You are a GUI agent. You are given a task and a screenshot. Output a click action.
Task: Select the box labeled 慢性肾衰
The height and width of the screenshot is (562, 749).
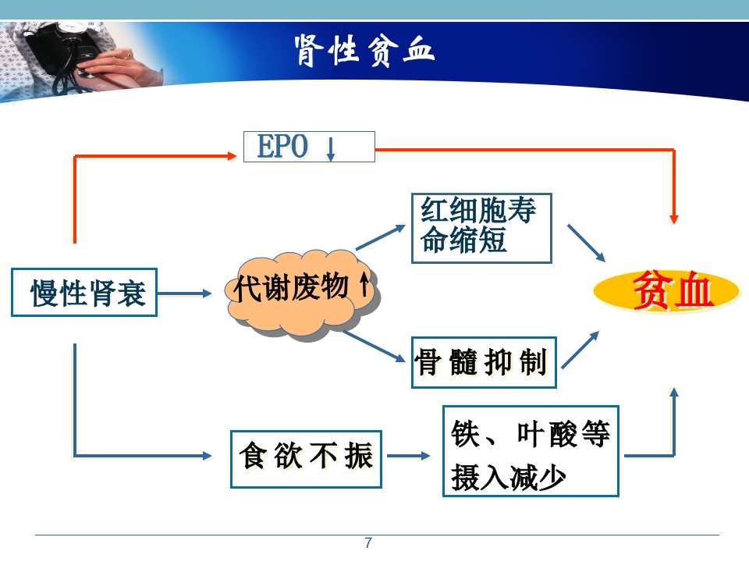pos(84,293)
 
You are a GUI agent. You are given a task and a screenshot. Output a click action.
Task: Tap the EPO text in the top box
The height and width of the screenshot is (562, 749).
pos(282,147)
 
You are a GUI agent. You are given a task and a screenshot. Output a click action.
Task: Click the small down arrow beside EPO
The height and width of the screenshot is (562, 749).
pos(331,148)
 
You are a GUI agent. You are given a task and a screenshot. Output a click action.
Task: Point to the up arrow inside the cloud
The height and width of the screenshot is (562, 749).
pos(364,286)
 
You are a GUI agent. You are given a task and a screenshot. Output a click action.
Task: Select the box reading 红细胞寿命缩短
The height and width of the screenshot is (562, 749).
pos(481,228)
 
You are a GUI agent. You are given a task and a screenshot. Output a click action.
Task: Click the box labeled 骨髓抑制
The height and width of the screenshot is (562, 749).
pos(484,362)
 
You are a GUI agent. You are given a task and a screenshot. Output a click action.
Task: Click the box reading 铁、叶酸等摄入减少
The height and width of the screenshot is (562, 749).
pos(531,451)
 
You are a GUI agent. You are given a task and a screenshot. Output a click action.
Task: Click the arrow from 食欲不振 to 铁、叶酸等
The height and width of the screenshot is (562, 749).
pos(409,456)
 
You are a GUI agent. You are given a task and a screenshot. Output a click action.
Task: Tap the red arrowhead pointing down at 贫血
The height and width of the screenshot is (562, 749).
pos(674,218)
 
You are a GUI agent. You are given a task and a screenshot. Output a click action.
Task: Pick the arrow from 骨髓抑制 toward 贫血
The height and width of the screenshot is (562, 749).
pos(580,349)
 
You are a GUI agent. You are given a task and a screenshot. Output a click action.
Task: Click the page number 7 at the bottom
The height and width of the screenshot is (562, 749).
pos(368,543)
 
